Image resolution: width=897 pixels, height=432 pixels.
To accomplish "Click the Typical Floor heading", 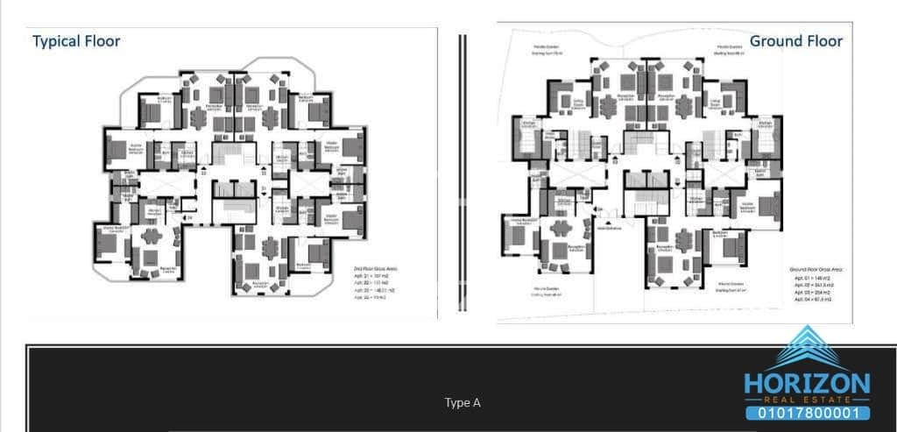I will point(76,40).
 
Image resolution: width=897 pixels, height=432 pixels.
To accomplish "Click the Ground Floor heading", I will point(795,41).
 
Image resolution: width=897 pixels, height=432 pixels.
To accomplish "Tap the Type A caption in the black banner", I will point(462,403).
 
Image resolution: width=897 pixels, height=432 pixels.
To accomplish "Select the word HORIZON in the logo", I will point(807,383).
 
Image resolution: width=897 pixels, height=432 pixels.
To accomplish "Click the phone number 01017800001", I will point(807,412).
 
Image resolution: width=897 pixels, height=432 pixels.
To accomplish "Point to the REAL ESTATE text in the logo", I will point(807,399).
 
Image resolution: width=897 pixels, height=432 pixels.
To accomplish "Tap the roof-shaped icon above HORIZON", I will point(807,348).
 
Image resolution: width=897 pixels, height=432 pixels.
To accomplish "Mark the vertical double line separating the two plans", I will point(463,174).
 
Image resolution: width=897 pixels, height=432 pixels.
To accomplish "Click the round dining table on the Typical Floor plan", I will point(151,236).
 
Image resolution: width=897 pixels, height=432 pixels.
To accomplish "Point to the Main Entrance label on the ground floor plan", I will point(607,229).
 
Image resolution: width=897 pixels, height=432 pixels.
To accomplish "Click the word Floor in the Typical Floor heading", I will point(102,40).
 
